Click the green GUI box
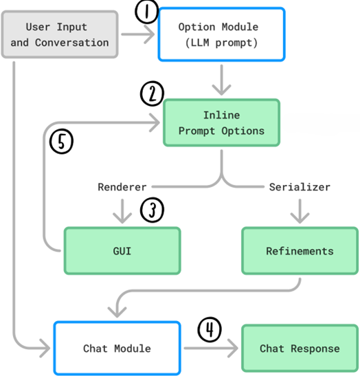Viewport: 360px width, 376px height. [x=122, y=251]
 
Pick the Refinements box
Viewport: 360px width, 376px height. [x=300, y=251]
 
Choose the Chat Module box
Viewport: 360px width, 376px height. [x=117, y=349]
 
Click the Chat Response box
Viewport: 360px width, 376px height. [x=300, y=349]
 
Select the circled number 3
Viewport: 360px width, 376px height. [x=152, y=210]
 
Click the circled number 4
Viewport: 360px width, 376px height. [x=210, y=331]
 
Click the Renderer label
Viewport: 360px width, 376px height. [x=122, y=186]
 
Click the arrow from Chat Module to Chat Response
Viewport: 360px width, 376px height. [x=210, y=349]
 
